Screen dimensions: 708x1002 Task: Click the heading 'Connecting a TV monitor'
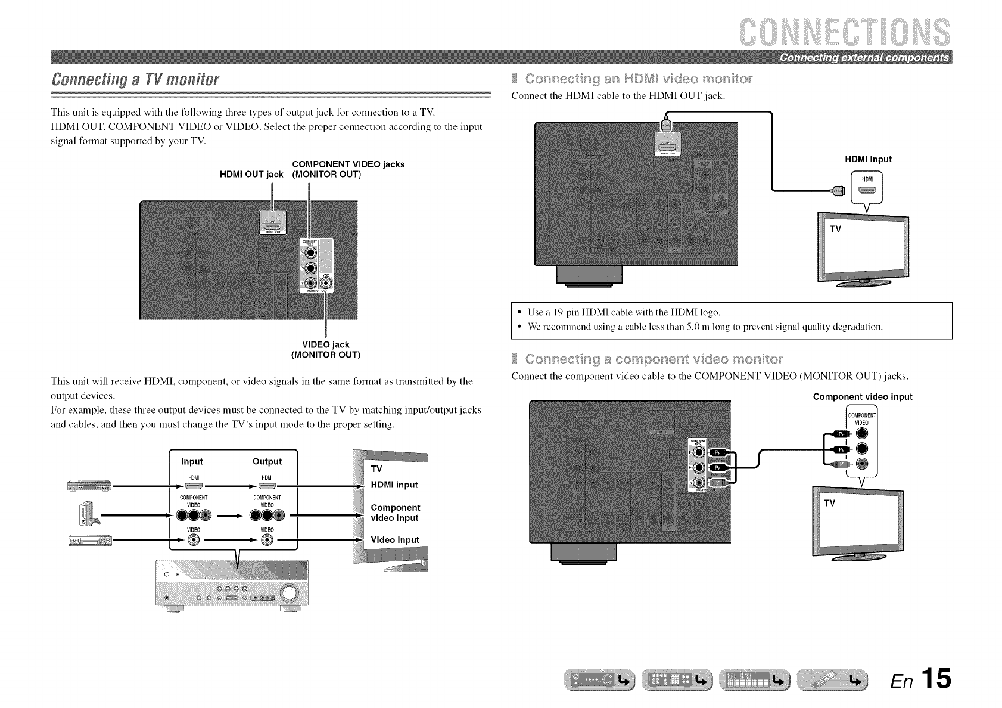pyautogui.click(x=135, y=79)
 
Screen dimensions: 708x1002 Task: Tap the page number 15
pyautogui.click(x=935, y=679)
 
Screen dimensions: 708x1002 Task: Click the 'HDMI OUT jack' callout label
pyautogui.click(x=251, y=175)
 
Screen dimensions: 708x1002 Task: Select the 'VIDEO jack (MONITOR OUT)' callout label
pyautogui.click(x=325, y=350)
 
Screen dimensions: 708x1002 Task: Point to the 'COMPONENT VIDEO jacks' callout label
pyautogui.click(x=348, y=164)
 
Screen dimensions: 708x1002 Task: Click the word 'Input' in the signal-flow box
pyautogui.click(x=192, y=461)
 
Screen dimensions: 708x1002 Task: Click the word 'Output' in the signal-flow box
pyautogui.click(x=267, y=461)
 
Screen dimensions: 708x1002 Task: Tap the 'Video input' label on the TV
pyautogui.click(x=394, y=540)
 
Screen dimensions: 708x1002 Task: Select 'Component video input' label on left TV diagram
pyautogui.click(x=395, y=513)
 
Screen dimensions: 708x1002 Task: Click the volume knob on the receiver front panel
pyautogui.click(x=289, y=593)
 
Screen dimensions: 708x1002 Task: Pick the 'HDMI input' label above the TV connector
pyautogui.click(x=868, y=159)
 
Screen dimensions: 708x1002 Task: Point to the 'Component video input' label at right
pyautogui.click(x=862, y=397)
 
